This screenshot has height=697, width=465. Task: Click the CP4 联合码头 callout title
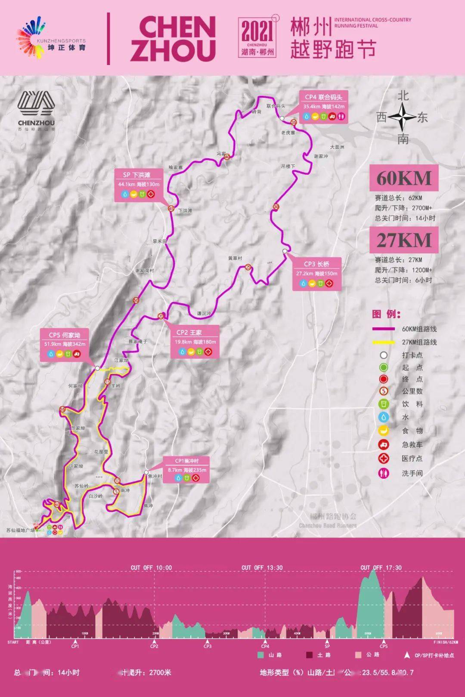coord(323,97)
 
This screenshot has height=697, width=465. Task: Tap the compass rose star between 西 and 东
coord(402,117)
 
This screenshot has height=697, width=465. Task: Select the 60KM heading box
coord(403,178)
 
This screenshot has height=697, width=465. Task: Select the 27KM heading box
coord(403,240)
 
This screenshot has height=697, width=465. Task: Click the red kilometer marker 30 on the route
coord(276,207)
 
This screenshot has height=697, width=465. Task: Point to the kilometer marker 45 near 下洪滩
coord(171,209)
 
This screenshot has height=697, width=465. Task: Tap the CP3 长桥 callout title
coord(316,264)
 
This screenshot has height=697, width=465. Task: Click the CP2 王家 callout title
coord(189,332)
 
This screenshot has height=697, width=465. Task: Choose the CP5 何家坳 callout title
coord(64,335)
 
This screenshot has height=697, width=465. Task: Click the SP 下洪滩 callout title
coord(136,175)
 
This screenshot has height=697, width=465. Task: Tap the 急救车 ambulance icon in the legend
coord(383,444)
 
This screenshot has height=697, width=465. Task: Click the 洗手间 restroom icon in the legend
coord(383,473)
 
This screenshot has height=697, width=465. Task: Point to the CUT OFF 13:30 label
coord(262,567)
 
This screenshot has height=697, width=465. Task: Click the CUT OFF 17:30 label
coord(381,567)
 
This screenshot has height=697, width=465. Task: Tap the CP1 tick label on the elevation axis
coord(75,646)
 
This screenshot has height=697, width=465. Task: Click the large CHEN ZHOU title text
coord(173,39)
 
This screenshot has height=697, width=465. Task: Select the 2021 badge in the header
coord(257,38)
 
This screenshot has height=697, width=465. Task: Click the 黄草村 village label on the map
coord(235,258)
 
